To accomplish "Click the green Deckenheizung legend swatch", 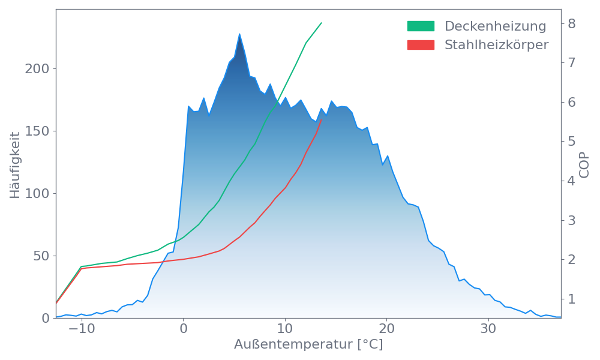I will click(x=421, y=26).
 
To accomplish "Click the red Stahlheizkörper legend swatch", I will click(x=421, y=44).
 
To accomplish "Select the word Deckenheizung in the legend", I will click(x=495, y=26).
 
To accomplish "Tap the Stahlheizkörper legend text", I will click(x=496, y=44).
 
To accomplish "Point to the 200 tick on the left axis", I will click(x=37, y=69).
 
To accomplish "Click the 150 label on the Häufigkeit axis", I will click(x=37, y=131).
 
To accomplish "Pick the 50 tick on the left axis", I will click(x=41, y=256).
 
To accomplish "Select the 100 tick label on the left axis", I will click(x=37, y=194).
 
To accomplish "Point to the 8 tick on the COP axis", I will click(x=571, y=23).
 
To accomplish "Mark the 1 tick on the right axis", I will click(x=571, y=299).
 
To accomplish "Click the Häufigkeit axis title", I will click(x=14, y=165).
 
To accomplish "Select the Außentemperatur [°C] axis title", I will click(x=308, y=345).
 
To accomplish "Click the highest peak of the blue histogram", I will click(x=239, y=34).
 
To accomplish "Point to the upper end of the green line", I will click(x=322, y=23).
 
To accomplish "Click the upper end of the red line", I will click(x=322, y=120).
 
